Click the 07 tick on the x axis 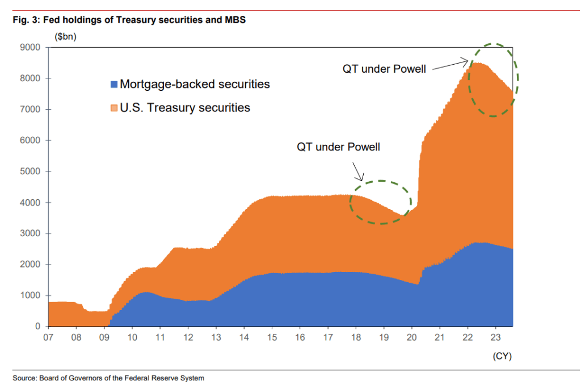pyautogui.click(x=49, y=337)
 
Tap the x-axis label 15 pyautogui.click(x=272, y=337)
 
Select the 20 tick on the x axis pyautogui.click(x=411, y=337)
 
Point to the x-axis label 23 pyautogui.click(x=495, y=337)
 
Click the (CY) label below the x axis pyautogui.click(x=502, y=356)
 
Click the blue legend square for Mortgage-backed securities pyautogui.click(x=113, y=85)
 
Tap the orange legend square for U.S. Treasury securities pyautogui.click(x=113, y=108)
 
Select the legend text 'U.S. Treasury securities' pyautogui.click(x=185, y=107)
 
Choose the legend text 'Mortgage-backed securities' pyautogui.click(x=195, y=84)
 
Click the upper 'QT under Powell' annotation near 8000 pyautogui.click(x=384, y=69)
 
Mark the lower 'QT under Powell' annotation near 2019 pyautogui.click(x=338, y=147)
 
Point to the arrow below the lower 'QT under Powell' pyautogui.click(x=358, y=170)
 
